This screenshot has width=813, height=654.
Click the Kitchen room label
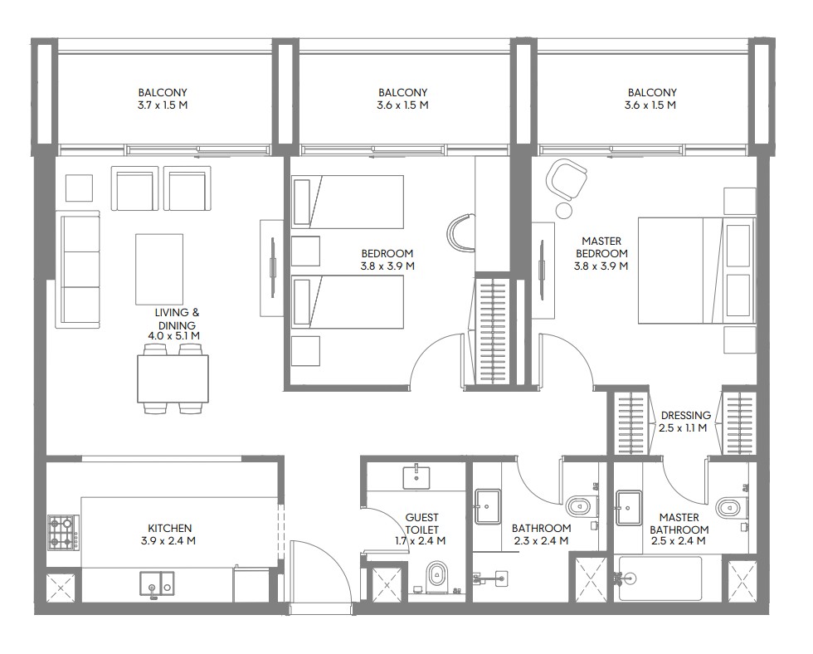point(170,529)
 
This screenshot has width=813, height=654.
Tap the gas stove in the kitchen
point(64,533)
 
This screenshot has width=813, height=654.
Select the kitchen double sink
point(157,583)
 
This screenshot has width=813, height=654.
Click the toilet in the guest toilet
point(438,577)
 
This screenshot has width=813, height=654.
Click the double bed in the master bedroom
point(695,271)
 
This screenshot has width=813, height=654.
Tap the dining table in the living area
point(173,378)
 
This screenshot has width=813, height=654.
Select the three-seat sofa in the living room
point(80,271)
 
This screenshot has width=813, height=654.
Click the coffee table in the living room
point(159,269)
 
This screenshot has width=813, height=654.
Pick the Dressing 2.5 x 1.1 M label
point(685,422)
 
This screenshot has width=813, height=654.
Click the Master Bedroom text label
point(601,247)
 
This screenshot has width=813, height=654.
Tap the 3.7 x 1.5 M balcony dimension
point(163,105)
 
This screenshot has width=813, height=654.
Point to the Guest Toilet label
point(421,524)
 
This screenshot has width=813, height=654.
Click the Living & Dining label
point(177,319)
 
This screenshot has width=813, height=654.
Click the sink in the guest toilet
point(416,477)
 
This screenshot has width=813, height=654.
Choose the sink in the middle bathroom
point(488,506)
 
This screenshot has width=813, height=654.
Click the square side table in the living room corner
point(80,188)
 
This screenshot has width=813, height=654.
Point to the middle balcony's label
point(403,99)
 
